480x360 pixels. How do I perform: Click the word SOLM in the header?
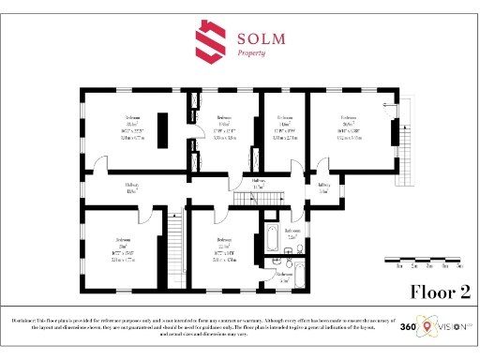tap(262, 38)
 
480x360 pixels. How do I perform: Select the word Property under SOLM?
tap(250, 54)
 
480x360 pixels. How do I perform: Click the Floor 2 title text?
tap(440, 292)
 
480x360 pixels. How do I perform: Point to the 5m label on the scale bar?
tap(460, 267)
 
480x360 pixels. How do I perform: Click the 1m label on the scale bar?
tap(400, 267)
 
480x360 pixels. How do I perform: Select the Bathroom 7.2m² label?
tap(292, 233)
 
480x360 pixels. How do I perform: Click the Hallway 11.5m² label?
tap(260, 183)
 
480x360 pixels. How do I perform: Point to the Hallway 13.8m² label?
tap(132, 188)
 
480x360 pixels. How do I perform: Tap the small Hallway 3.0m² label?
tap(323, 187)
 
